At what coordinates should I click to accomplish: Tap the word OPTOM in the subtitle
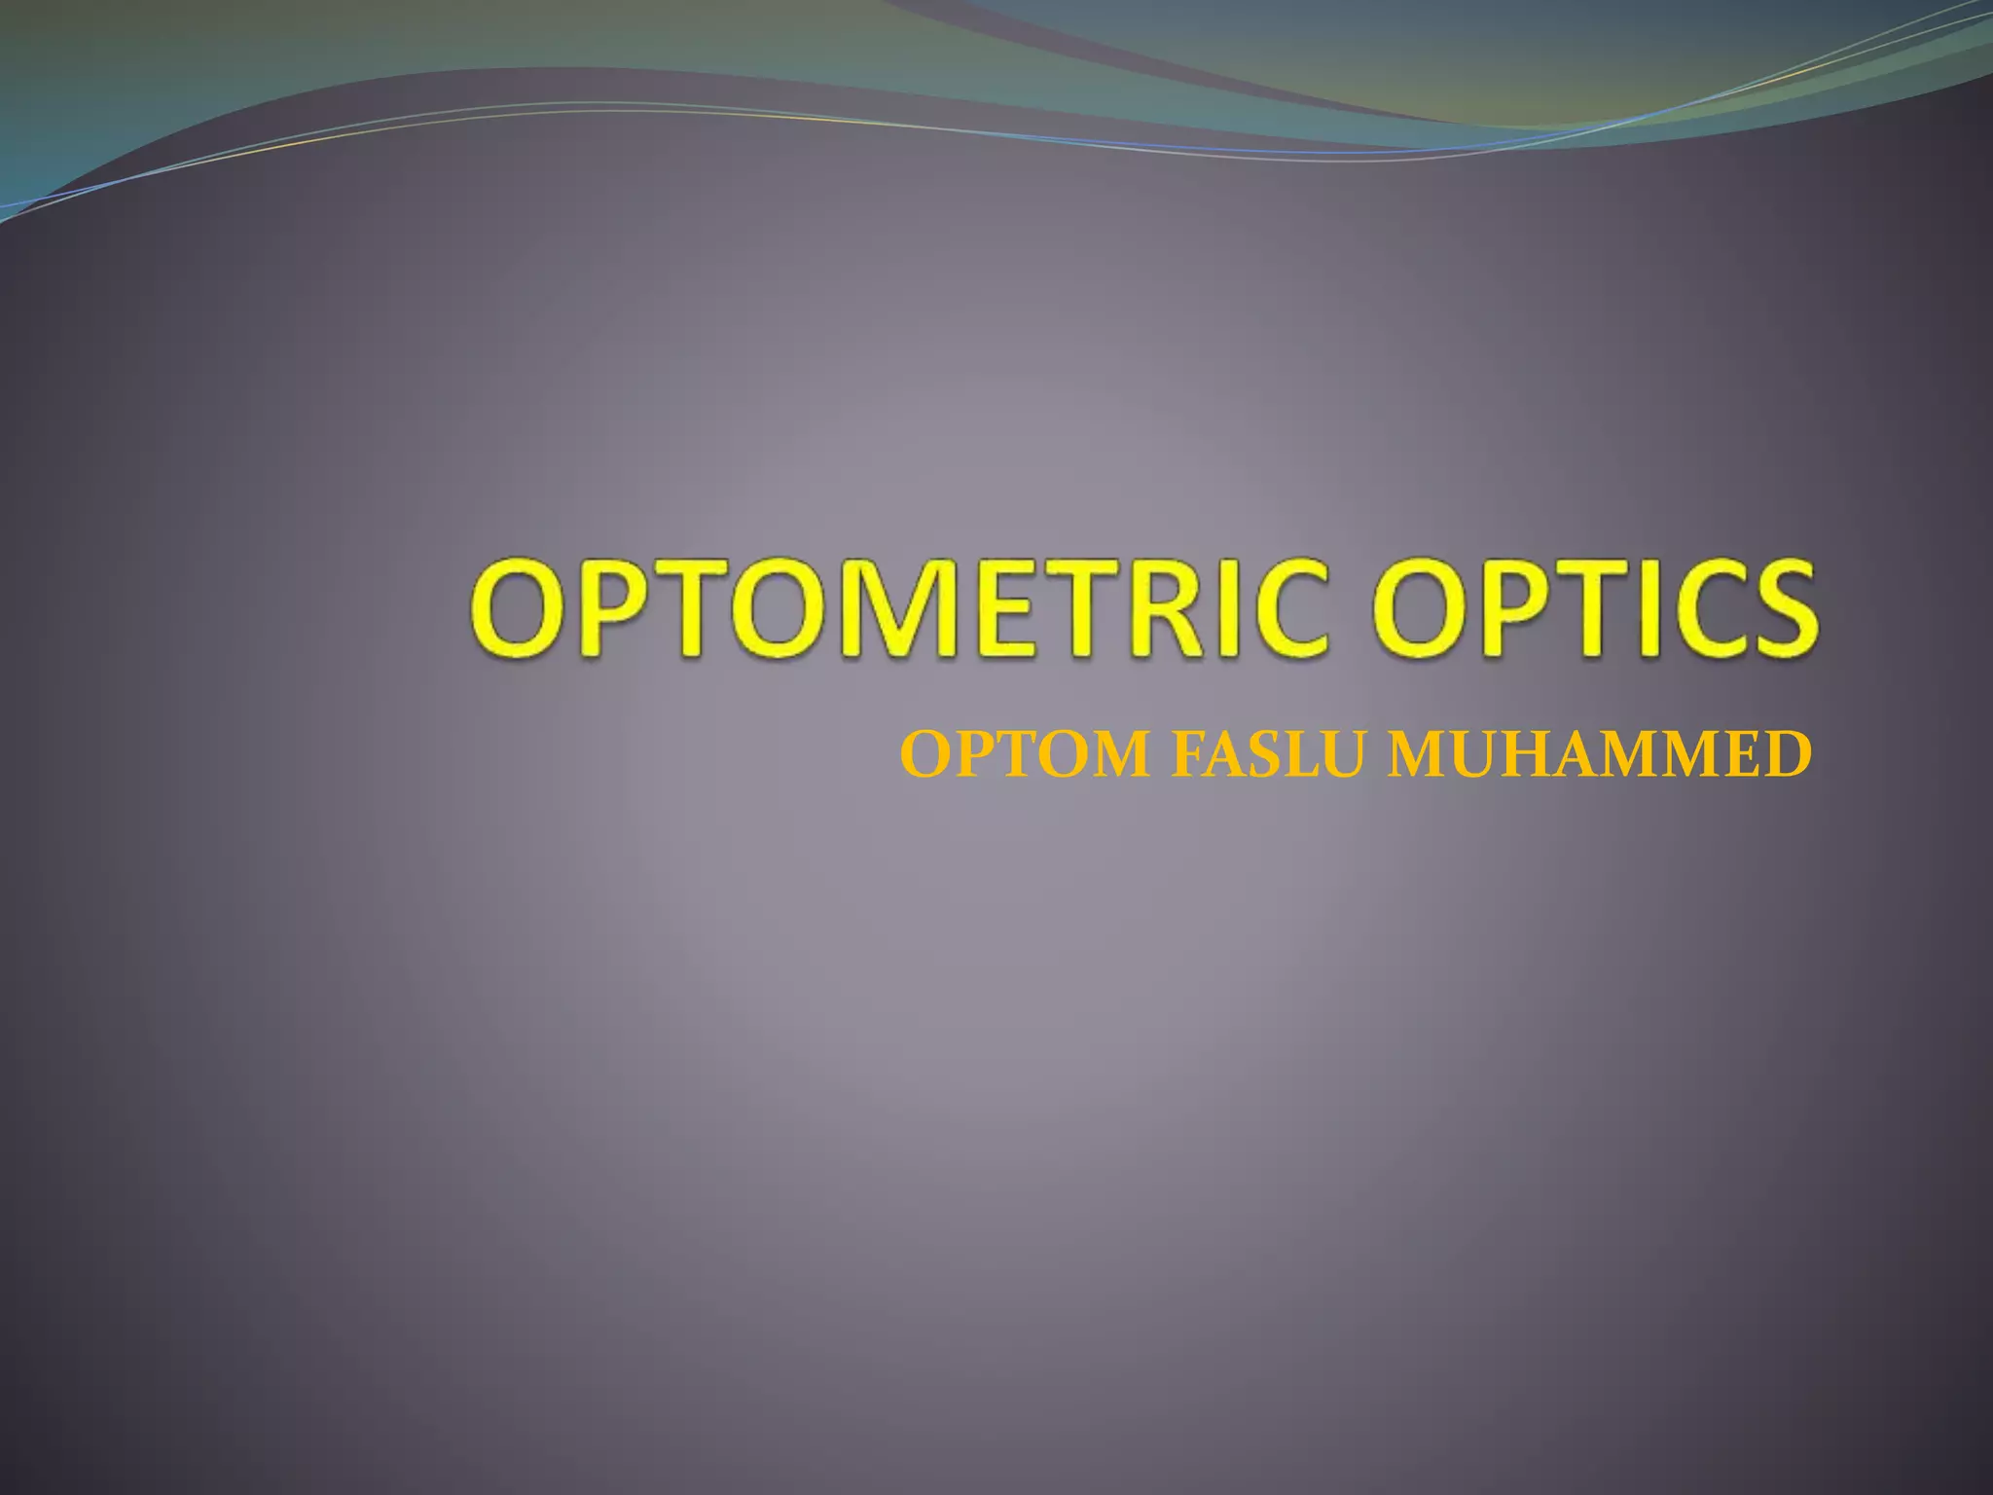(x=1026, y=755)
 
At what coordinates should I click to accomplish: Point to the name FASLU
(x=1271, y=755)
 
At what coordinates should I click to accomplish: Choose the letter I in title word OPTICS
(x=1619, y=608)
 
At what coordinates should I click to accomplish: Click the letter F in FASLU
(x=1188, y=755)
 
